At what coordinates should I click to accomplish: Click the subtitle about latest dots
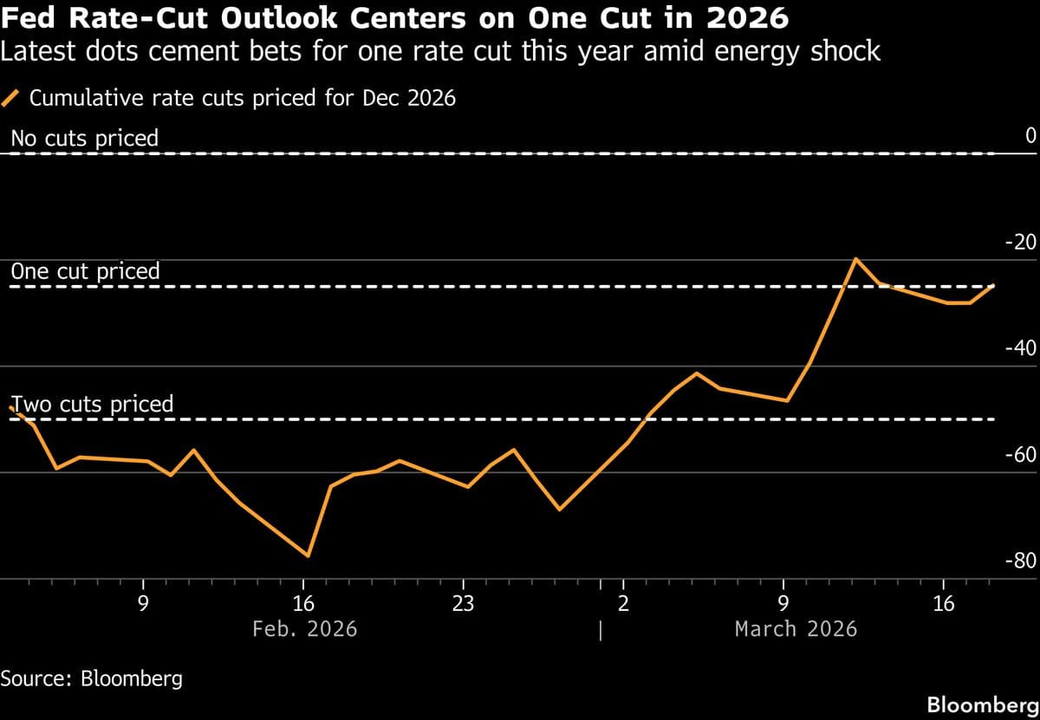(440, 52)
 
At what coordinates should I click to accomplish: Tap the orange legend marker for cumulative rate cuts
(12, 98)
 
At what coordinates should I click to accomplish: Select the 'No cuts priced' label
(84, 138)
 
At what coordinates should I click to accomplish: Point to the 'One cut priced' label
(85, 271)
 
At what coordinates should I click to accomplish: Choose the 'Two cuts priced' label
(92, 404)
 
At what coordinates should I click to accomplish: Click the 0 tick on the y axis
(1030, 136)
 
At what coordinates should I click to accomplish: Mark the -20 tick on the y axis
(1019, 243)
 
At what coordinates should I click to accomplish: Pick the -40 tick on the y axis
(1019, 348)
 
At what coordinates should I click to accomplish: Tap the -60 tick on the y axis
(1019, 455)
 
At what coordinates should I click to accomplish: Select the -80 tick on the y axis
(1019, 561)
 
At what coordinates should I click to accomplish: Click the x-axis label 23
(463, 603)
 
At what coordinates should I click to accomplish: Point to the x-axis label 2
(623, 603)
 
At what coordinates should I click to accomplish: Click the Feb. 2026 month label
(304, 628)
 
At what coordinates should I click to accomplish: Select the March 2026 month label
(796, 628)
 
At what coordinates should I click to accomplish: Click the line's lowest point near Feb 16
(308, 555)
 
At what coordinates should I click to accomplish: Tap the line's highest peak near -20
(855, 258)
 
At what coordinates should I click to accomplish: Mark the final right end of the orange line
(993, 285)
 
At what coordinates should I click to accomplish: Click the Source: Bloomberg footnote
(92, 678)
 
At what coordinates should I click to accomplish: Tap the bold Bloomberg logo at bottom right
(982, 704)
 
